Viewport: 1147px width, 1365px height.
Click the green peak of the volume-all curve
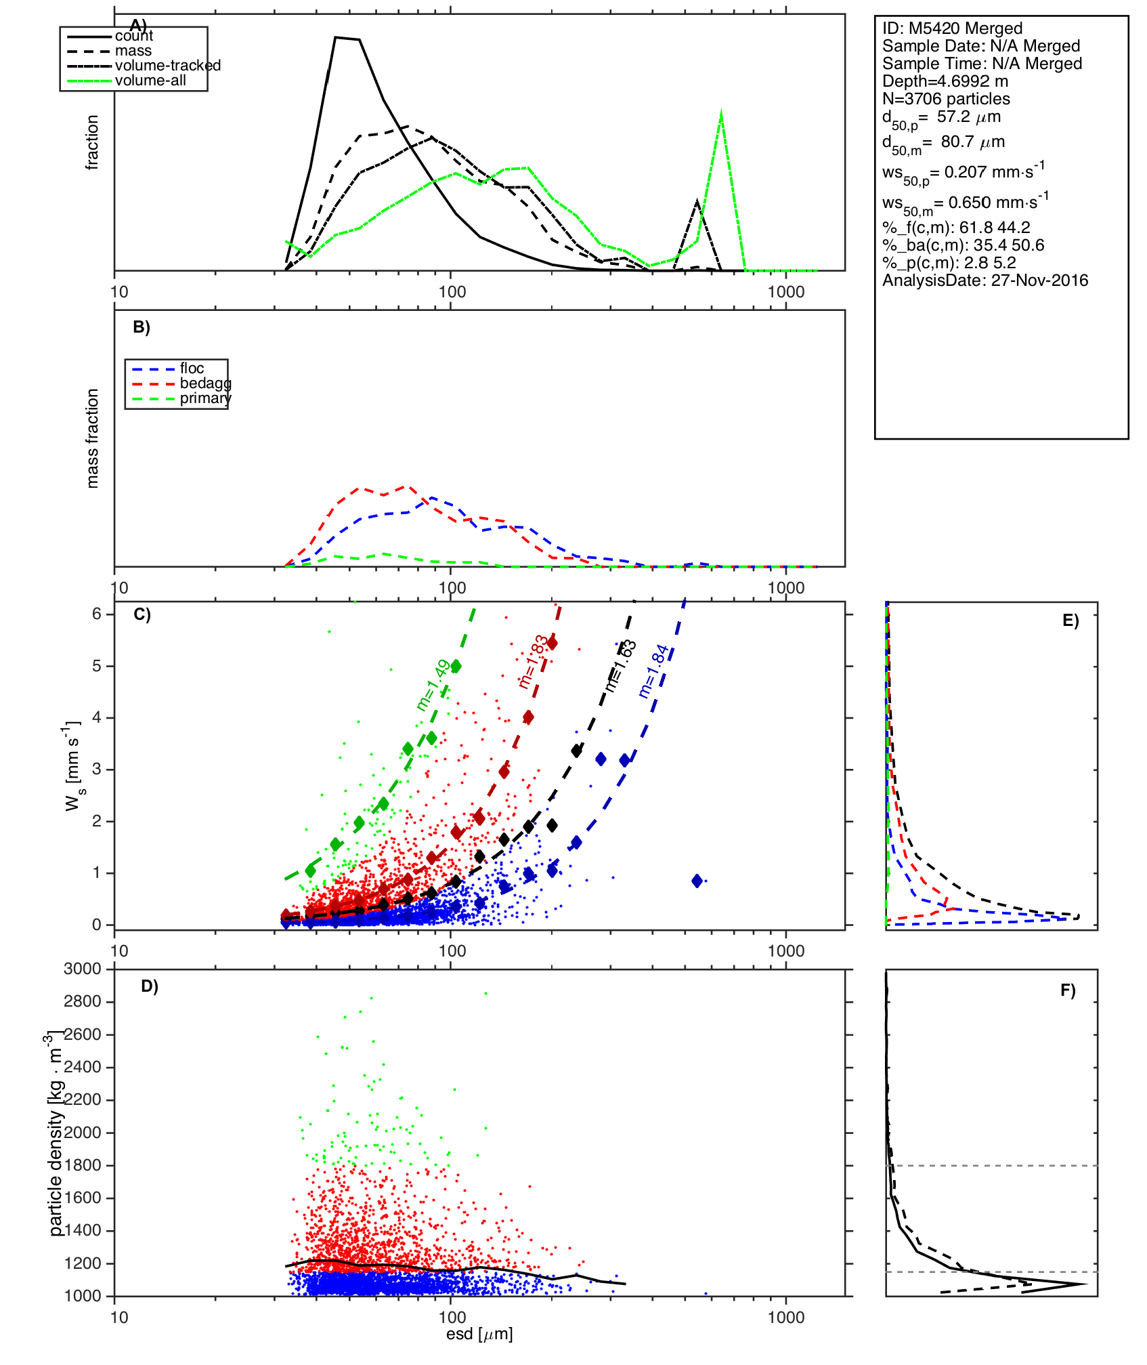(x=721, y=113)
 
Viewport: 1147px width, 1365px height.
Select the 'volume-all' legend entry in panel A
(x=150, y=81)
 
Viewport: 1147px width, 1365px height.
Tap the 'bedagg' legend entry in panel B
(x=205, y=383)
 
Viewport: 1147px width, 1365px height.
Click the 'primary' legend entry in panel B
(x=205, y=398)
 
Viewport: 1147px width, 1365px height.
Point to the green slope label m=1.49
(x=433, y=685)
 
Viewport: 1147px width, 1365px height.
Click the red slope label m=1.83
(x=533, y=662)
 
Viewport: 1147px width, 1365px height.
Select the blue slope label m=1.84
(x=653, y=671)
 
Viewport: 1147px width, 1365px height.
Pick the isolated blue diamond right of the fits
(x=697, y=881)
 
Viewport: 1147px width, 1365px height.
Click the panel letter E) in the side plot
(x=1070, y=621)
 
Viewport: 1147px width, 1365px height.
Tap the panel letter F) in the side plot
(x=1068, y=991)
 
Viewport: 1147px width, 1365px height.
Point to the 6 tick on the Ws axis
(x=97, y=614)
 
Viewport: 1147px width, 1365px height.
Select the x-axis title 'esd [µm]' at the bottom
(x=479, y=1334)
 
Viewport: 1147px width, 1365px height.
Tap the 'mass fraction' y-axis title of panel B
(x=93, y=438)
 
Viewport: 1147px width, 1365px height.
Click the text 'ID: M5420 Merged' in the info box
(x=952, y=28)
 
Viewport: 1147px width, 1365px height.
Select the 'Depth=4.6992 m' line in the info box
(x=945, y=81)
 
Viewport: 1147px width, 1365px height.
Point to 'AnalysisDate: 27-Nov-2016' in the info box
(x=985, y=280)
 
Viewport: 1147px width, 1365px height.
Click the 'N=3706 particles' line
(x=946, y=99)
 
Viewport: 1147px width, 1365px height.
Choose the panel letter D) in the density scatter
(x=150, y=986)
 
